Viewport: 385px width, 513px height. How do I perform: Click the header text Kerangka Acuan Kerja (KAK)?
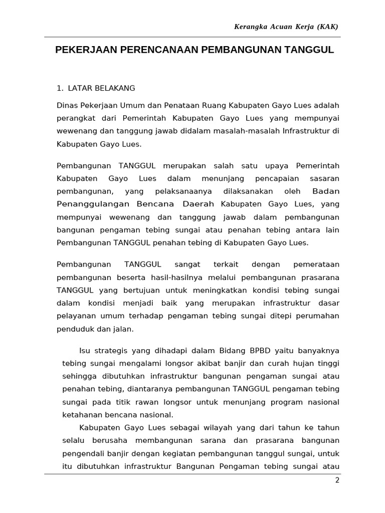tap(286, 27)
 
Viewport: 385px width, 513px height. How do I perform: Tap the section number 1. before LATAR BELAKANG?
tap(60, 88)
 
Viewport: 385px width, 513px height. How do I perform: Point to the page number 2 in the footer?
tap(337, 480)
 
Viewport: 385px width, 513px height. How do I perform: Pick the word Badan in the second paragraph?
tap(325, 191)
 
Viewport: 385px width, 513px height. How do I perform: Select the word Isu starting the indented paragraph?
tap(85, 350)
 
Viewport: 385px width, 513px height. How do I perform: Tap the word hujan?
tap(294, 363)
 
